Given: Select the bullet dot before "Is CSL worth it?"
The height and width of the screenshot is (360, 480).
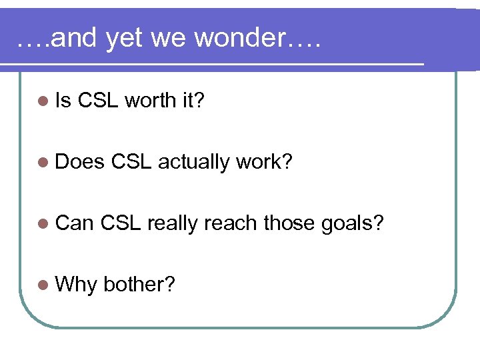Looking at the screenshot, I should click(x=43, y=101).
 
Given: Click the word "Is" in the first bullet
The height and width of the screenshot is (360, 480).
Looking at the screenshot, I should click(x=63, y=101).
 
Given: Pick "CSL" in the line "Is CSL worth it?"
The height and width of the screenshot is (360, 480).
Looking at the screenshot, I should click(x=98, y=101).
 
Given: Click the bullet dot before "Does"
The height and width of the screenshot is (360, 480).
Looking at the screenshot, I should click(x=43, y=162).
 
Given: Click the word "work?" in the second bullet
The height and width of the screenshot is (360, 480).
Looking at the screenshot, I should click(x=265, y=162).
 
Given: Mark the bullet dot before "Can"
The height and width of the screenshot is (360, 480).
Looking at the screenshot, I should click(x=43, y=223).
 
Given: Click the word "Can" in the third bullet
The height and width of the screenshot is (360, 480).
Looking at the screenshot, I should click(x=75, y=223).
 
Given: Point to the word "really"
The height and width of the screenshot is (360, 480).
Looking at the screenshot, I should click(x=173, y=224).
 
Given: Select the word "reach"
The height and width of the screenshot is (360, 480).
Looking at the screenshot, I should click(x=231, y=223).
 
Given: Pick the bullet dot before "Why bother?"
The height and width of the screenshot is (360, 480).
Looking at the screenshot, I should click(x=43, y=285).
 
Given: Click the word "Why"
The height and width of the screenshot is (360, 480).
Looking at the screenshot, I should click(x=76, y=285).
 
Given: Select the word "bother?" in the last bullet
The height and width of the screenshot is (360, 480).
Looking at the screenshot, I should click(x=139, y=285).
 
